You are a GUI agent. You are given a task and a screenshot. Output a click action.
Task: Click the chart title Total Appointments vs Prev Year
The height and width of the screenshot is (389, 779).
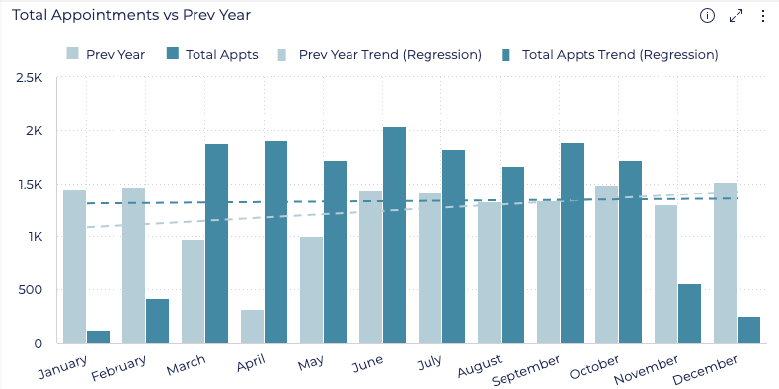[x=131, y=15]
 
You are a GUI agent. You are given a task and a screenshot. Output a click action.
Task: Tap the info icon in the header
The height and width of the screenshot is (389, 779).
[x=707, y=15]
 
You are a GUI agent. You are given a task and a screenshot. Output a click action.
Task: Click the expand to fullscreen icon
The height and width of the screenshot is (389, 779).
[x=736, y=15]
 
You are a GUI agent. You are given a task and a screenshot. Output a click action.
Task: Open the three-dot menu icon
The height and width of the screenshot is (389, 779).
[x=762, y=15]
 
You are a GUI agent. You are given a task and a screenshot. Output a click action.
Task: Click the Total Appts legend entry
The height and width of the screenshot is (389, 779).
[x=212, y=54]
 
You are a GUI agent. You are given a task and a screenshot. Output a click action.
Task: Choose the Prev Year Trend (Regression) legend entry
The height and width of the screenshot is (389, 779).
[x=380, y=54]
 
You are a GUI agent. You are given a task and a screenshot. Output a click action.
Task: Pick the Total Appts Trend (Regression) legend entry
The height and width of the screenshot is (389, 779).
[x=609, y=54]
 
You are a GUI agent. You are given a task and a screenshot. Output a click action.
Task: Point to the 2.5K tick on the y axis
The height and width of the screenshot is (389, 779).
[x=30, y=78]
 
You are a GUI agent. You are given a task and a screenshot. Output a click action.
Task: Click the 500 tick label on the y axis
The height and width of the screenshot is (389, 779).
[x=31, y=290]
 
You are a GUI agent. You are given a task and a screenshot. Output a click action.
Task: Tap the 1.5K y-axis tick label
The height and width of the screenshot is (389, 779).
[x=30, y=185]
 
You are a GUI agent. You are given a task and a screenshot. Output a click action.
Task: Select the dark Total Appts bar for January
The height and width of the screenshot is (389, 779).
[x=98, y=337]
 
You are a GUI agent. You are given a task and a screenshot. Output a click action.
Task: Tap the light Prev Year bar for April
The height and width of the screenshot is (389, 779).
[x=252, y=327]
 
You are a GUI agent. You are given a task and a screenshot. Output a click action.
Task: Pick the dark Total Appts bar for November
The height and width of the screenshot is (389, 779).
[x=689, y=314]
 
